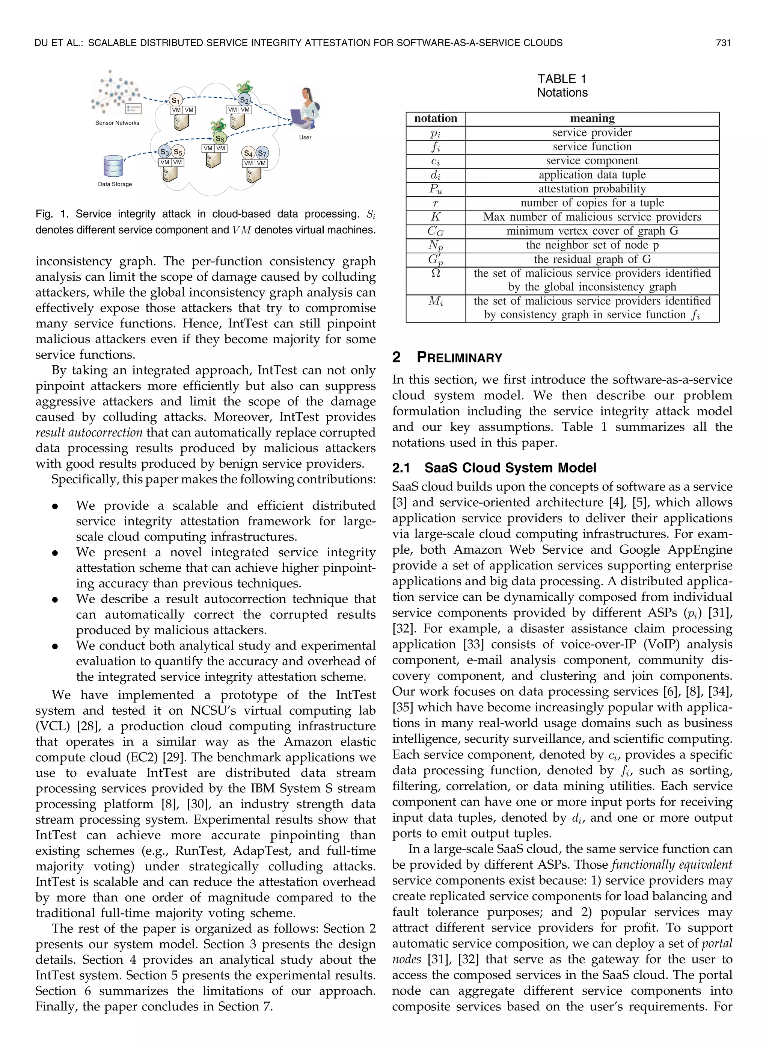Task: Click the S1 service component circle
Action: pos(175,100)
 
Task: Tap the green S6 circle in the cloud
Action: pos(219,138)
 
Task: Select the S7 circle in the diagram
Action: pos(262,153)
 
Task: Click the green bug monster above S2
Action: pos(244,87)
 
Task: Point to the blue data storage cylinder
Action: pos(113,166)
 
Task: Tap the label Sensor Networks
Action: pos(117,123)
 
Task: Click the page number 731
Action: pos(723,43)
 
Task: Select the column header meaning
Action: pos(592,118)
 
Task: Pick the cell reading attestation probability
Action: pos(592,189)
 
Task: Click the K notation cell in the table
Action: pos(436,217)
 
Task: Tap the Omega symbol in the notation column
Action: pos(436,274)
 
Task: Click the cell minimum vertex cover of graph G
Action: pos(592,231)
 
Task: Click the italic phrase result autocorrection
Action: pos(89,432)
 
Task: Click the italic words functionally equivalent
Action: pos(672,865)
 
